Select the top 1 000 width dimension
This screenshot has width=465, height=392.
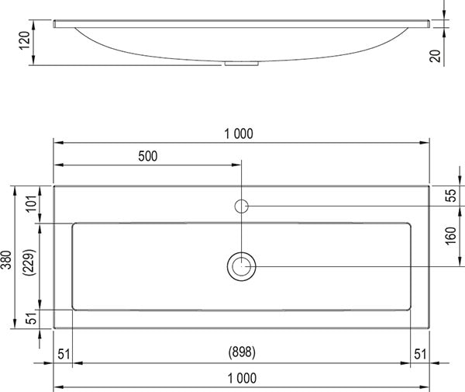click(x=239, y=134)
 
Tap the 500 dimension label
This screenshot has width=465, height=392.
click(x=147, y=156)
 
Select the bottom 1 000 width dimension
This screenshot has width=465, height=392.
click(x=241, y=378)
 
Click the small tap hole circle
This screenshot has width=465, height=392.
click(x=242, y=206)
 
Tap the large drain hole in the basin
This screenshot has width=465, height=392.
click(x=242, y=266)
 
